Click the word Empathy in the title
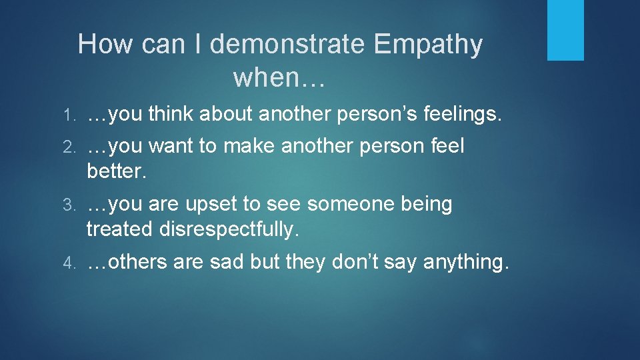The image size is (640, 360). click(428, 45)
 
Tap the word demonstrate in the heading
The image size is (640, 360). click(288, 45)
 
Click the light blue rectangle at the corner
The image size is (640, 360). click(565, 30)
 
